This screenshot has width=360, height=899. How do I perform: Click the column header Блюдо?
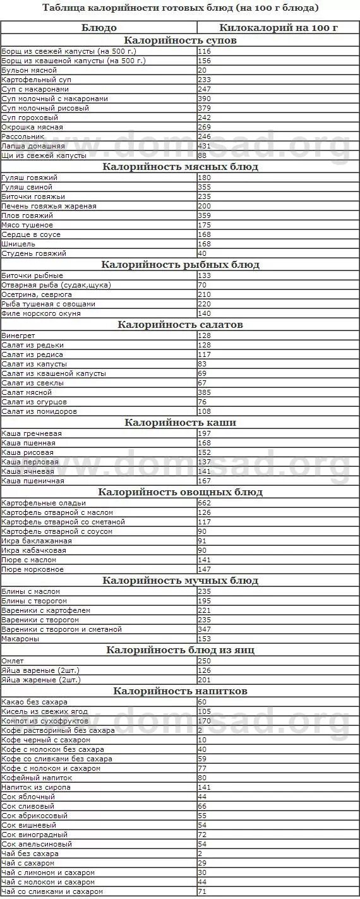click(x=99, y=28)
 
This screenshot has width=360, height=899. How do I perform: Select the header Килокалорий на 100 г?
click(x=279, y=28)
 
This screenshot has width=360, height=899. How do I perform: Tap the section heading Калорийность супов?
click(x=180, y=40)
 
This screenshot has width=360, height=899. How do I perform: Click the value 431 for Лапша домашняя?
click(x=204, y=146)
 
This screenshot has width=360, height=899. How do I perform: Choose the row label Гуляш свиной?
click(x=27, y=187)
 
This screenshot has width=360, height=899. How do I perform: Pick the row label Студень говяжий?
click(x=33, y=253)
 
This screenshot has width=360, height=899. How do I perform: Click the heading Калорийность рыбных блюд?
click(x=180, y=265)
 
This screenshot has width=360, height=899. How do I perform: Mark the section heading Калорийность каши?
click(x=180, y=423)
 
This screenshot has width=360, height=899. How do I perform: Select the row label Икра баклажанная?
click(x=33, y=541)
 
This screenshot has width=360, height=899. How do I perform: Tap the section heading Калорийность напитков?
click(x=180, y=691)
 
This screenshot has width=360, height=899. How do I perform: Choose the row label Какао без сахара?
click(x=34, y=702)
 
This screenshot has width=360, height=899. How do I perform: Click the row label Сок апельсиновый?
click(x=37, y=844)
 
